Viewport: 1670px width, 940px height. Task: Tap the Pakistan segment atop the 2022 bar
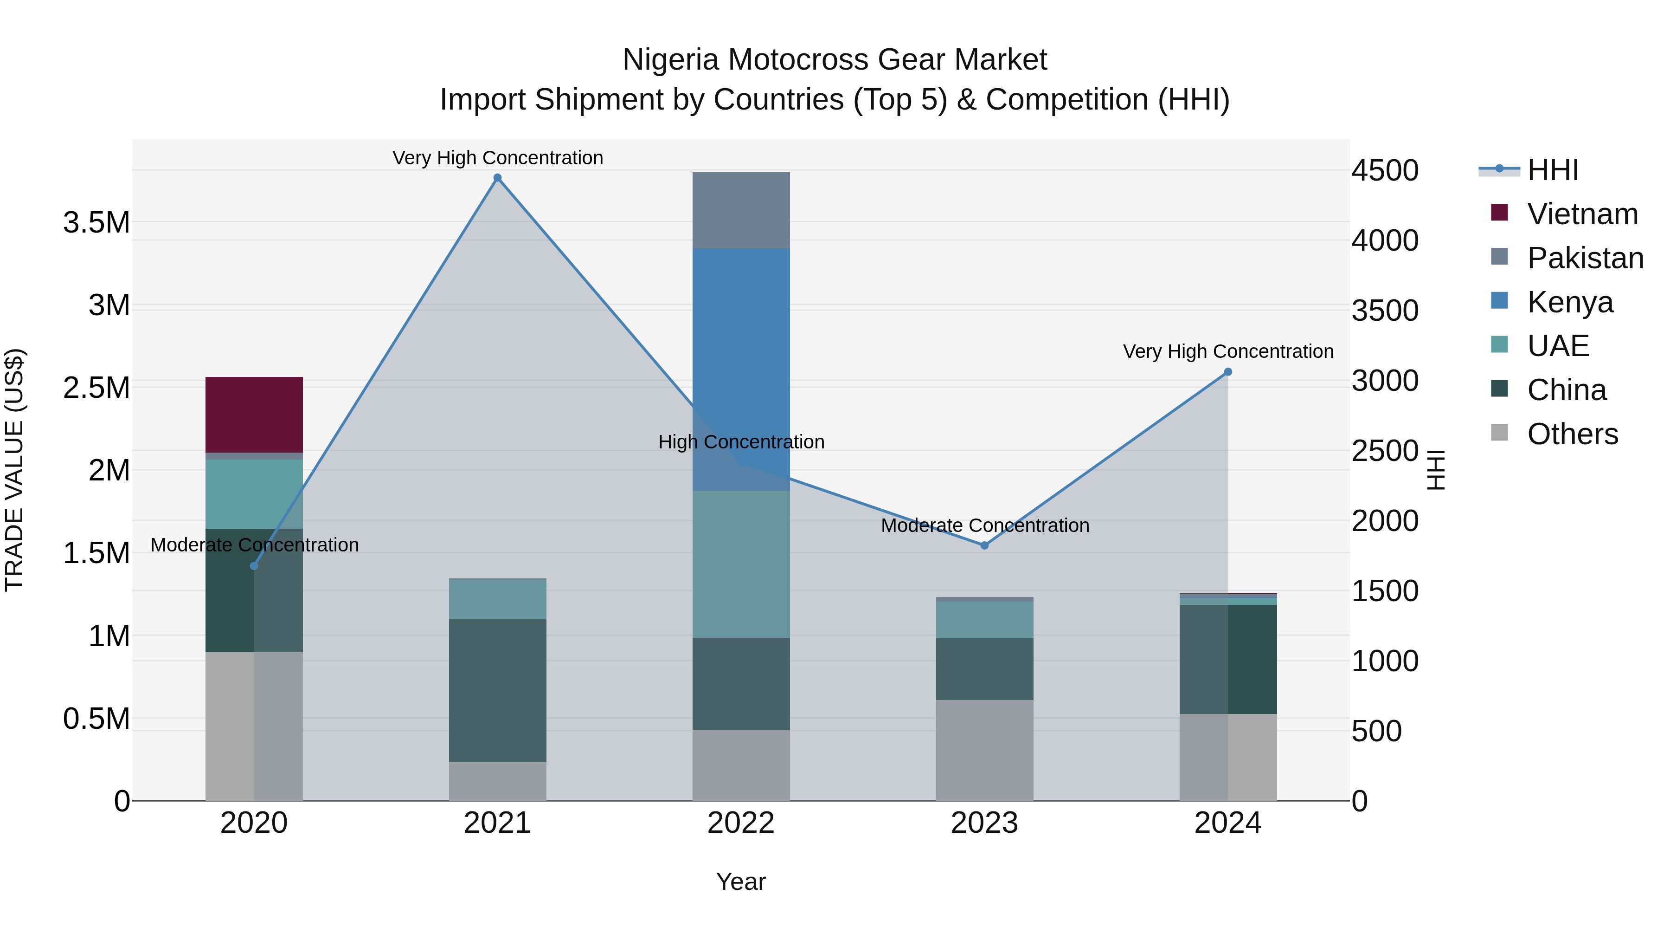coord(741,210)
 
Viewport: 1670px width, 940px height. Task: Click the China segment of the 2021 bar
coord(497,690)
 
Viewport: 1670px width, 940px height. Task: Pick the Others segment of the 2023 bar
coord(984,750)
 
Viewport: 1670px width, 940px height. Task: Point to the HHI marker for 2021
coord(497,178)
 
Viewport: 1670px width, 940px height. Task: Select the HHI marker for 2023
coord(984,545)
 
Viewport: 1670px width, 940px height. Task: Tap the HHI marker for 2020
coord(254,566)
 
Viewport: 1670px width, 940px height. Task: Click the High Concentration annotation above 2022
coord(741,442)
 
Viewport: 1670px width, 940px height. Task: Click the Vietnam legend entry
coord(1582,214)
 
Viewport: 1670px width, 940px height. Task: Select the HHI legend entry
coord(1552,170)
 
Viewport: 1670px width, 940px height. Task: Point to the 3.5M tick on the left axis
coord(96,222)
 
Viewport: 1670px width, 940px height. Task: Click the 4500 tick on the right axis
coord(1385,171)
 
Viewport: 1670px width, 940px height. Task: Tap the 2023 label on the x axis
coord(984,823)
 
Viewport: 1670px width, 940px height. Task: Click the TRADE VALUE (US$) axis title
coord(14,470)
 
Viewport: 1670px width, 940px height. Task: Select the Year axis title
coord(740,882)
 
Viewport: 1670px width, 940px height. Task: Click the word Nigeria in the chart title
coord(670,60)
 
